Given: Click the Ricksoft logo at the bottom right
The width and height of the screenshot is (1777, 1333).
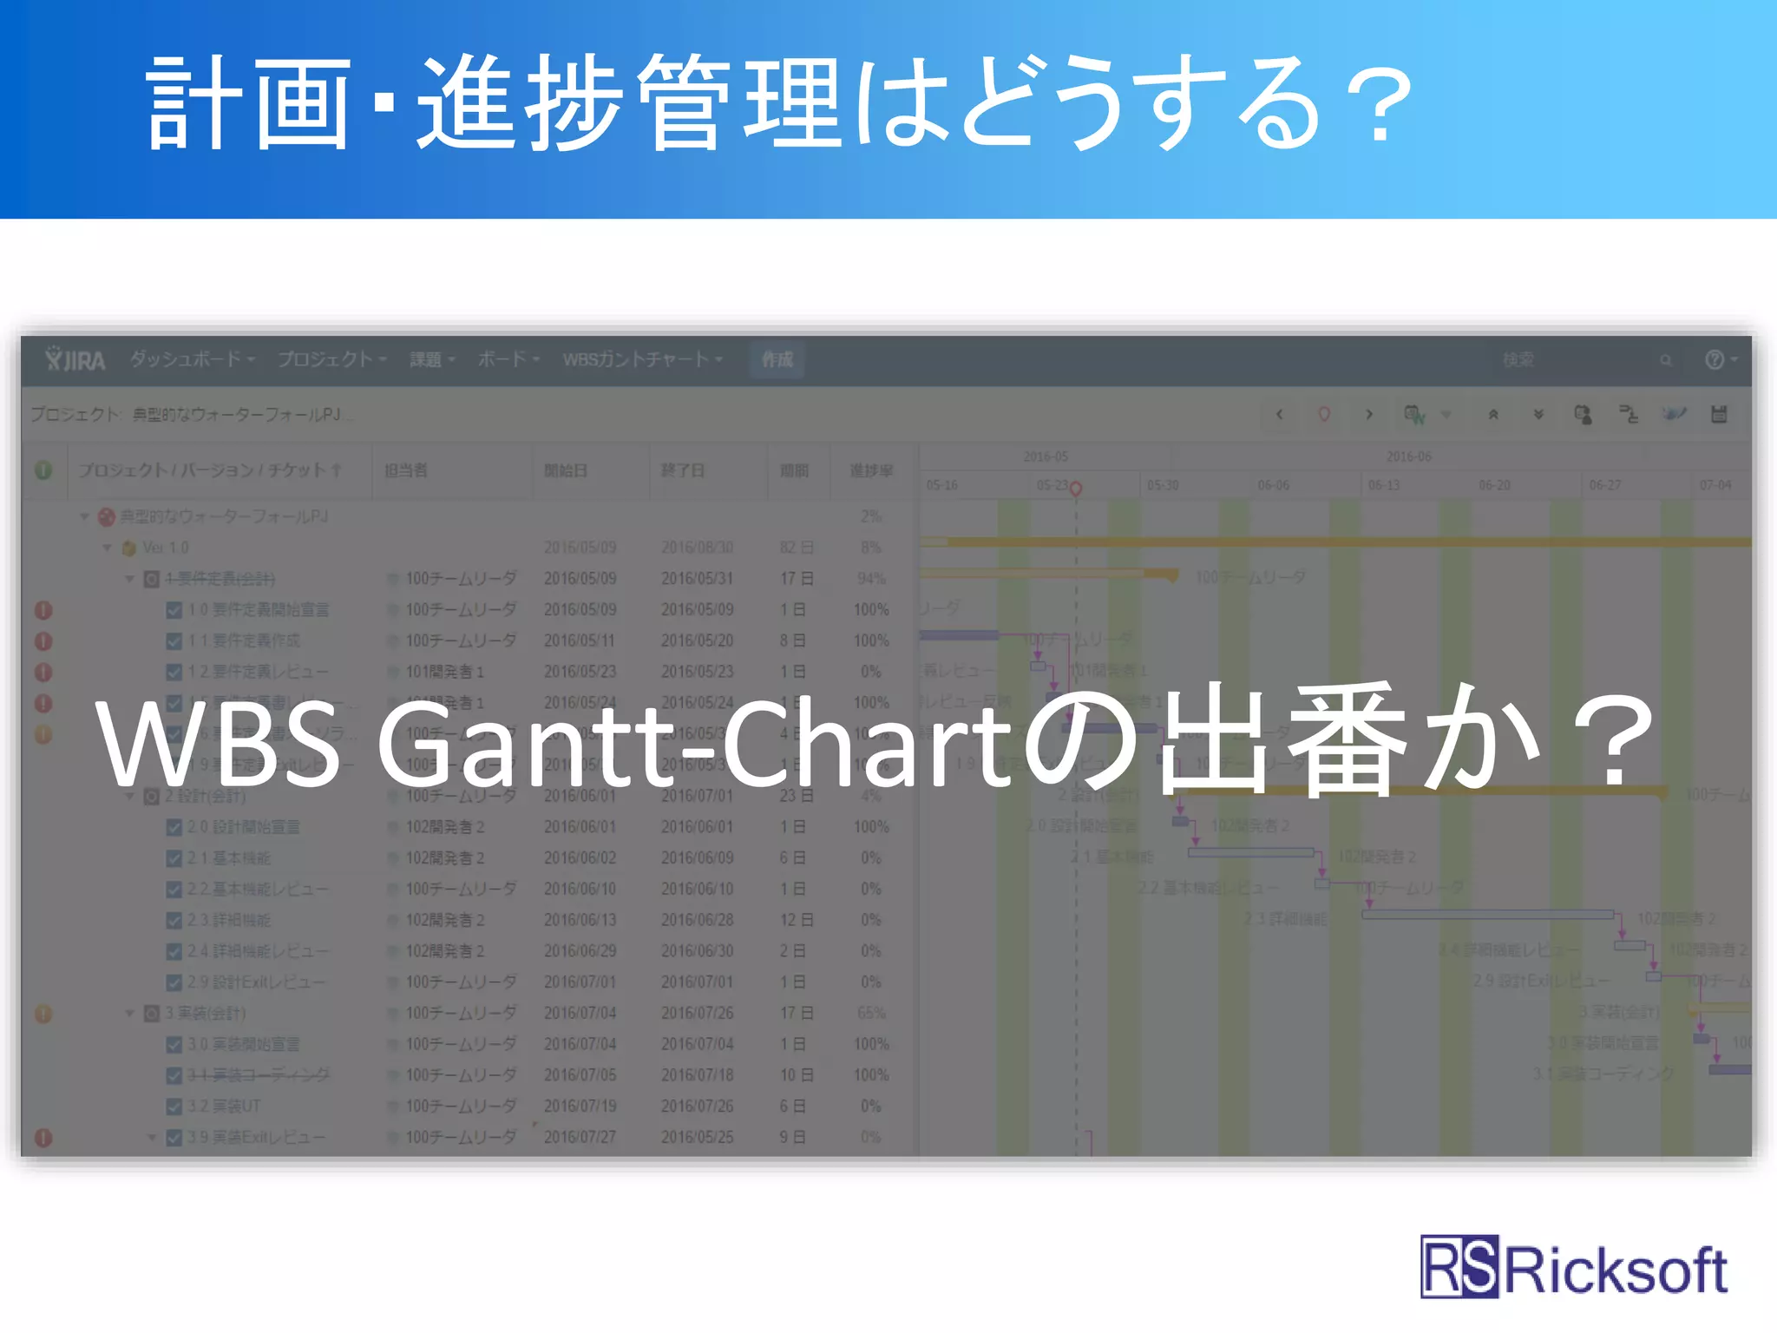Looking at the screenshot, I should (x=1572, y=1269).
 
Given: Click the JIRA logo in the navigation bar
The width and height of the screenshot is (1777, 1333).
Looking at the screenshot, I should (x=75, y=359).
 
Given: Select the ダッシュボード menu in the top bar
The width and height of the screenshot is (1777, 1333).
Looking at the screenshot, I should (x=192, y=359).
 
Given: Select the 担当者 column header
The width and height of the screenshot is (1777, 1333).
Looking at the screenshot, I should (x=406, y=470).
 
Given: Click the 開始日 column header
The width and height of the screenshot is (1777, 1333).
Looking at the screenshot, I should (x=566, y=470).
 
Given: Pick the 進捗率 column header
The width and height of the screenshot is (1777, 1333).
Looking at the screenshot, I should (x=871, y=470).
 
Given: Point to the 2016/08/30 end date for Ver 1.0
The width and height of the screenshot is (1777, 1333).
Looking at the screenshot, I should (x=697, y=548).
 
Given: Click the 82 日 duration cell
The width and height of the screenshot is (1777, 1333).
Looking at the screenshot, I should (x=796, y=548).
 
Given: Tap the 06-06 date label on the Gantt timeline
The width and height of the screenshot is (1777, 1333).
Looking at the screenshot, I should (x=1273, y=485).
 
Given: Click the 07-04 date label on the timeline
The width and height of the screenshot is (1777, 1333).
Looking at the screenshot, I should (x=1715, y=485).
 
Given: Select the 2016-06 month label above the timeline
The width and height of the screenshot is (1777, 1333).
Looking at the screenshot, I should (x=1408, y=456).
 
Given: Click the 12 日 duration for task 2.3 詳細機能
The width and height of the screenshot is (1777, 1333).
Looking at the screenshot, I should (x=796, y=920).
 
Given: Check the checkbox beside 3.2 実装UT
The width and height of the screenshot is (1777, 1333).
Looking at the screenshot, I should (x=174, y=1106).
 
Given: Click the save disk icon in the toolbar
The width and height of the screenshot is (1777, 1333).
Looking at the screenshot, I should (x=1719, y=414).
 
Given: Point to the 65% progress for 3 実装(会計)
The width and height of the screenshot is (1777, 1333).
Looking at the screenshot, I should (x=871, y=1013).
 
